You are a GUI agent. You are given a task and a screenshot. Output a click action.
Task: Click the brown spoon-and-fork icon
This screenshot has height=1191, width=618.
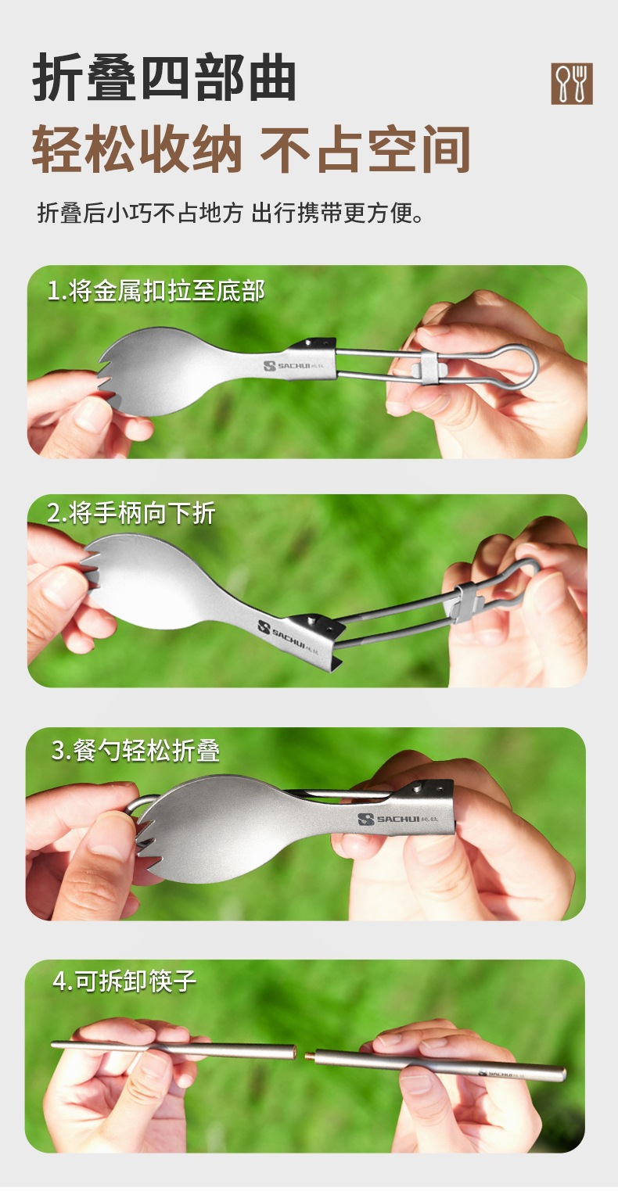[572, 84]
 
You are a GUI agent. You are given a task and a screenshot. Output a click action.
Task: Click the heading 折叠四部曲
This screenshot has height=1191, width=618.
[164, 79]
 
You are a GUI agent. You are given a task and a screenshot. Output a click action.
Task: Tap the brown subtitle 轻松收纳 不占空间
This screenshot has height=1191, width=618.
[251, 149]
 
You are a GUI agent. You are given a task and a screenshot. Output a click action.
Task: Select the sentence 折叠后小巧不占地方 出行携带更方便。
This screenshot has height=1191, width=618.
[231, 213]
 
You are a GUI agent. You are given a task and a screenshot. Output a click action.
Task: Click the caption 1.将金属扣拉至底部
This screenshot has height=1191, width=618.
[156, 291]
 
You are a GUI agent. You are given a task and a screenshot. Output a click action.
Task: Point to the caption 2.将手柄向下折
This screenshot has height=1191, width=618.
[131, 513]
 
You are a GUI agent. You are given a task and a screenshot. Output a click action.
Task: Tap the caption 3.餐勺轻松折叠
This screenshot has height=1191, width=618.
[135, 750]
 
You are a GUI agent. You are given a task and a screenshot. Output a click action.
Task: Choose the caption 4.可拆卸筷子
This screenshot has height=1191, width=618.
[124, 981]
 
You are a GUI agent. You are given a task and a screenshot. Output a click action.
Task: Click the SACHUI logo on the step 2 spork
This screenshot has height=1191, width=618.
[287, 637]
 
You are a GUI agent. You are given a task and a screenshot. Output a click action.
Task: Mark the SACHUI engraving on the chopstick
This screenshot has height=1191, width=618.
[501, 1074]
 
